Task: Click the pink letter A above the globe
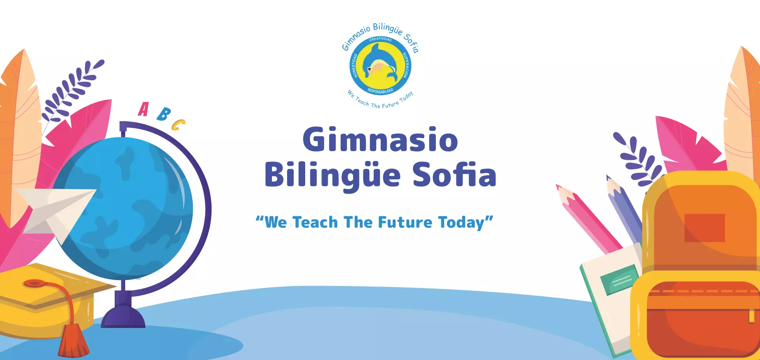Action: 143,110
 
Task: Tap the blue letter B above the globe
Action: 163,114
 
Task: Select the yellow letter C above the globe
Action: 178,125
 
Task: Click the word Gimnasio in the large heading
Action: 380,140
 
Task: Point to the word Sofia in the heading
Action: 454,174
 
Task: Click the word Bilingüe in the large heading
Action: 333,176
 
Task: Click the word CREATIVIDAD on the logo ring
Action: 380,39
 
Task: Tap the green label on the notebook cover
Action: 619,280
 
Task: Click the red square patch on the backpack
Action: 705,228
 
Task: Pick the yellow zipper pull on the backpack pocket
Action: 751,316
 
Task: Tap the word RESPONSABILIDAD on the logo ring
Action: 380,91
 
